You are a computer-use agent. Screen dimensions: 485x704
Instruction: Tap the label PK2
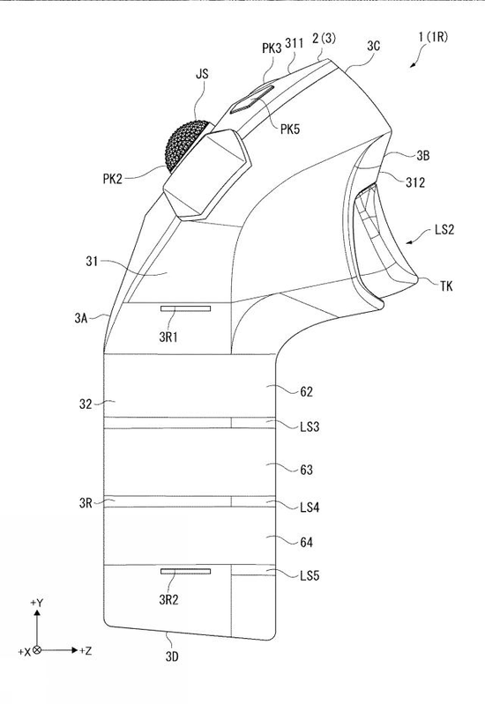coord(112,179)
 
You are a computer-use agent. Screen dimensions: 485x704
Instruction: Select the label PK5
coord(290,130)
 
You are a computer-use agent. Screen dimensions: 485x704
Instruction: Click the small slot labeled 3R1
coord(186,308)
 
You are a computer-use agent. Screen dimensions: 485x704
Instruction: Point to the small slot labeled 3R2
coord(186,571)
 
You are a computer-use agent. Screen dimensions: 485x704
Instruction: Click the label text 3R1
coord(168,337)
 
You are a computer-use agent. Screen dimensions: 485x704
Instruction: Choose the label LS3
coord(310,426)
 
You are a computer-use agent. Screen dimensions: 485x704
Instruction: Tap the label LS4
coord(310,508)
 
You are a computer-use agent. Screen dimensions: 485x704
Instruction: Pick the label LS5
coord(310,575)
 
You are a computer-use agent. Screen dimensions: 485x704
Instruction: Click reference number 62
coord(307,392)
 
